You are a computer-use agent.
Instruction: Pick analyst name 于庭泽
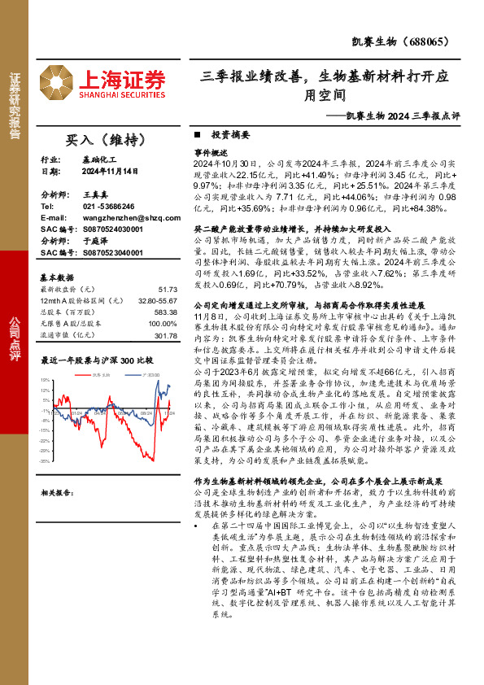point(96,242)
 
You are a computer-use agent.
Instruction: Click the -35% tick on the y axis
point(48,460)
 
